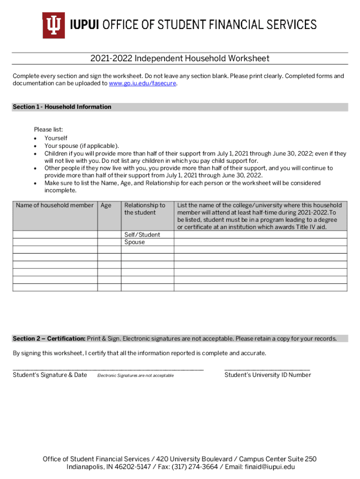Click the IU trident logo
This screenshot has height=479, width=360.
point(54,25)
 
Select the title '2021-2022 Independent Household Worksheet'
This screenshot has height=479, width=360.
point(180,58)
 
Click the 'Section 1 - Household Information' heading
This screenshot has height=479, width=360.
point(62,107)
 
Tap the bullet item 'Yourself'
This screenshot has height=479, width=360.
point(56,138)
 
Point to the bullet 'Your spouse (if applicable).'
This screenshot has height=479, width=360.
point(81,146)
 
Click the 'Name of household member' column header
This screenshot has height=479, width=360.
point(55,205)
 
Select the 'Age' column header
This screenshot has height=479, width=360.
point(106,205)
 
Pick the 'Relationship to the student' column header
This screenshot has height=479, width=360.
point(144,209)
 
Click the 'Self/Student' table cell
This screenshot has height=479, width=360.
point(142,235)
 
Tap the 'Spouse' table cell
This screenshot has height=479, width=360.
point(135,242)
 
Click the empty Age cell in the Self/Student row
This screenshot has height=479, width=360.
point(109,235)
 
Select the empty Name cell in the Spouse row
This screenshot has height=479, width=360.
point(55,242)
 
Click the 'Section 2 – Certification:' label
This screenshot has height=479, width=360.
point(49,339)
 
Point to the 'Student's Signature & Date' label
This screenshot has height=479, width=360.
point(50,375)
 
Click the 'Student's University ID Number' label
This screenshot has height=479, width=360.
point(267,375)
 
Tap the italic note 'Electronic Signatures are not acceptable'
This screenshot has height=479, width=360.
point(135,376)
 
